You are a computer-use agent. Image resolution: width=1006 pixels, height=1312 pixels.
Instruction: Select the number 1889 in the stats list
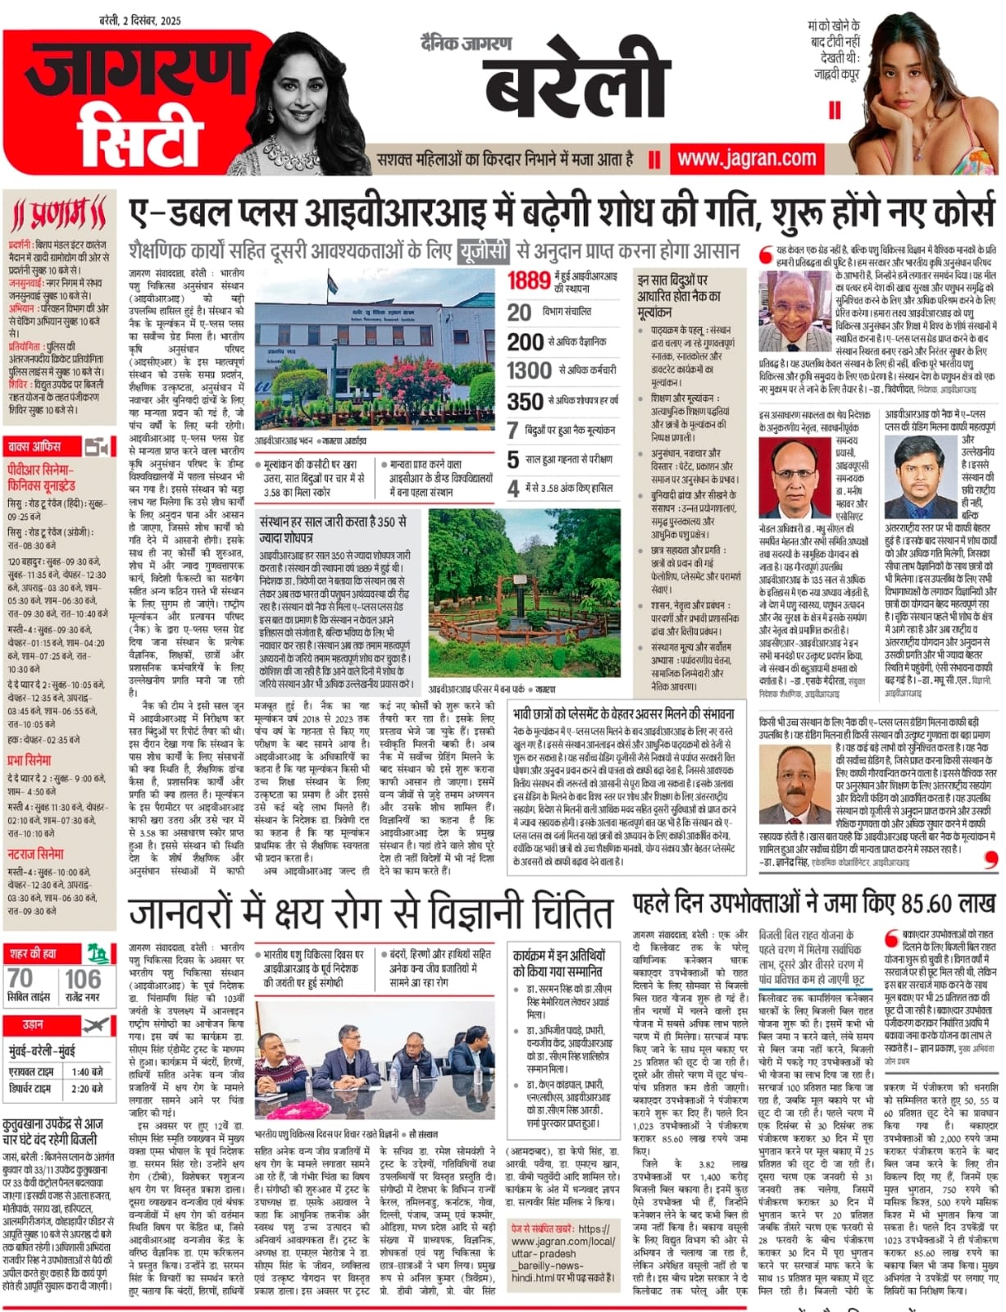528,280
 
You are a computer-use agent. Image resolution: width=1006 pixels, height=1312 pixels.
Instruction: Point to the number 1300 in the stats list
529,371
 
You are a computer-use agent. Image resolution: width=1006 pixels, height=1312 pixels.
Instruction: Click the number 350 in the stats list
525,401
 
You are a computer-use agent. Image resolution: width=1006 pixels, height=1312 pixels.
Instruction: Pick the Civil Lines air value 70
20,978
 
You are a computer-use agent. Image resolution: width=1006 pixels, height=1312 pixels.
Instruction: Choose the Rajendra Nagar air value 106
83,978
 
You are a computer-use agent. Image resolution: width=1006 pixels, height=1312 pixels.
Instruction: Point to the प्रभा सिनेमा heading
30,759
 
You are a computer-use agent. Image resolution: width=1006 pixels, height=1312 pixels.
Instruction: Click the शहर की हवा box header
34,953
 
